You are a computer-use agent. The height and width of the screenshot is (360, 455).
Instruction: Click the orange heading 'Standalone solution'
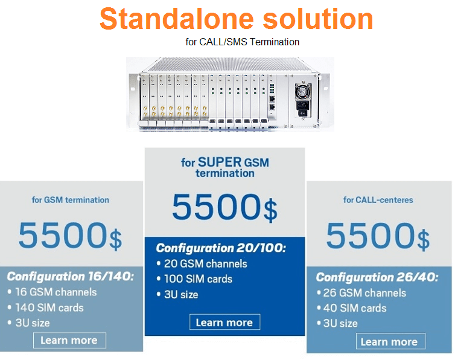click(236, 19)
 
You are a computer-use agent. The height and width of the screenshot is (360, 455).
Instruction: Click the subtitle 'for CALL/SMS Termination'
click(243, 42)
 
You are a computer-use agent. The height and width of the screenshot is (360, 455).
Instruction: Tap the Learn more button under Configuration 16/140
click(69, 340)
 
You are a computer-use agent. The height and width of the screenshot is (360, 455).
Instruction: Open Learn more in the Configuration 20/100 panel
click(224, 322)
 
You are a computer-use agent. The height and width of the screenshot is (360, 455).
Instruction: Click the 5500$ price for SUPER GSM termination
click(225, 207)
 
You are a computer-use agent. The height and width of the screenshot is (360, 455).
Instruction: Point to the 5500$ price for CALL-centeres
click(378, 236)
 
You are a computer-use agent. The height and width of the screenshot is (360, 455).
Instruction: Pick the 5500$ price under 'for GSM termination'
click(70, 236)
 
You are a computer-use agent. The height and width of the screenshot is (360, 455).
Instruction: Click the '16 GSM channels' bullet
click(52, 292)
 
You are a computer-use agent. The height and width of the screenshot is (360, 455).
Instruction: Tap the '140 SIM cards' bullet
click(46, 307)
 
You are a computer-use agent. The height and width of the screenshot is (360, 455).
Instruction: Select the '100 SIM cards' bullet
click(194, 279)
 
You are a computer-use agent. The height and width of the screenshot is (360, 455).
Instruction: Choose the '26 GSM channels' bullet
click(361, 293)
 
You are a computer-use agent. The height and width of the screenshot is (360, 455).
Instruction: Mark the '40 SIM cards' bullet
click(352, 308)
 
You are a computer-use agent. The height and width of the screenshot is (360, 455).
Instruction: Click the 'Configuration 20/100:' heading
click(221, 248)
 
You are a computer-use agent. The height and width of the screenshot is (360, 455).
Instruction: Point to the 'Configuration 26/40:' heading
click(377, 277)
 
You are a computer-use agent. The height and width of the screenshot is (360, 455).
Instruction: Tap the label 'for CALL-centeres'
click(378, 200)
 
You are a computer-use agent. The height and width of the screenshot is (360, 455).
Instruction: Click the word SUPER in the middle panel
click(220, 162)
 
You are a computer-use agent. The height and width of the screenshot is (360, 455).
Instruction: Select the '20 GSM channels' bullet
click(202, 263)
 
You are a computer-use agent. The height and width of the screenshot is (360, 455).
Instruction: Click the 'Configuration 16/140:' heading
click(71, 276)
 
